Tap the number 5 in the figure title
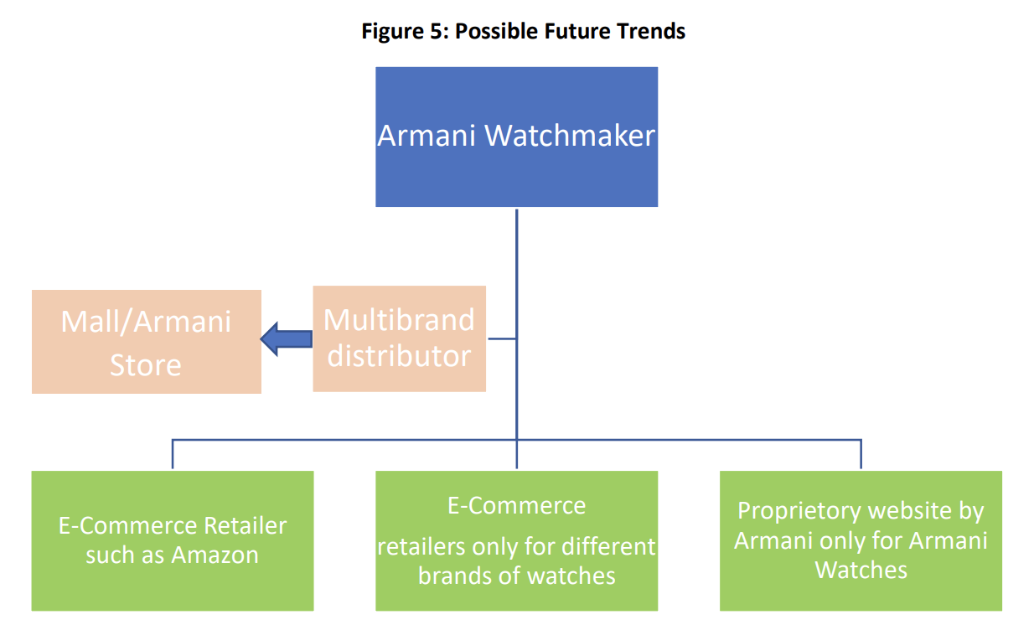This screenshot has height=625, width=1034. pyautogui.click(x=437, y=31)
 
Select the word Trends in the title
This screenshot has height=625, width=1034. pyautogui.click(x=651, y=31)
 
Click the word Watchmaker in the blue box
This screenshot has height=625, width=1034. pyautogui.click(x=570, y=136)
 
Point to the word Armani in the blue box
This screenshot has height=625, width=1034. pyautogui.click(x=427, y=136)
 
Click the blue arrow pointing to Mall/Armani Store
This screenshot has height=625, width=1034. pyautogui.click(x=287, y=339)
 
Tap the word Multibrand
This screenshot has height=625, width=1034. pyautogui.click(x=399, y=319)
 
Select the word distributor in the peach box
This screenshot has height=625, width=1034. pyautogui.click(x=399, y=356)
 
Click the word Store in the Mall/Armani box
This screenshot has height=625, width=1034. pyautogui.click(x=146, y=365)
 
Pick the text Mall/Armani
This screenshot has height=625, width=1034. pyautogui.click(x=146, y=322)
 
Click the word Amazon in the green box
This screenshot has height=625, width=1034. pyautogui.click(x=215, y=555)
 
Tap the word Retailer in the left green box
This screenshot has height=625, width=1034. pyautogui.click(x=246, y=525)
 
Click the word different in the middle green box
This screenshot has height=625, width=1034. pyautogui.click(x=608, y=546)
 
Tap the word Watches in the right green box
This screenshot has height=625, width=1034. pyautogui.click(x=861, y=570)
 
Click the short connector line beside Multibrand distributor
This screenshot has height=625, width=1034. pyautogui.click(x=502, y=338)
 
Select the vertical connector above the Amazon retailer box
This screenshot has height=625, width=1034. pyautogui.click(x=173, y=454)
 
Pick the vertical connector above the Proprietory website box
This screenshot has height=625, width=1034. pyautogui.click(x=861, y=454)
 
